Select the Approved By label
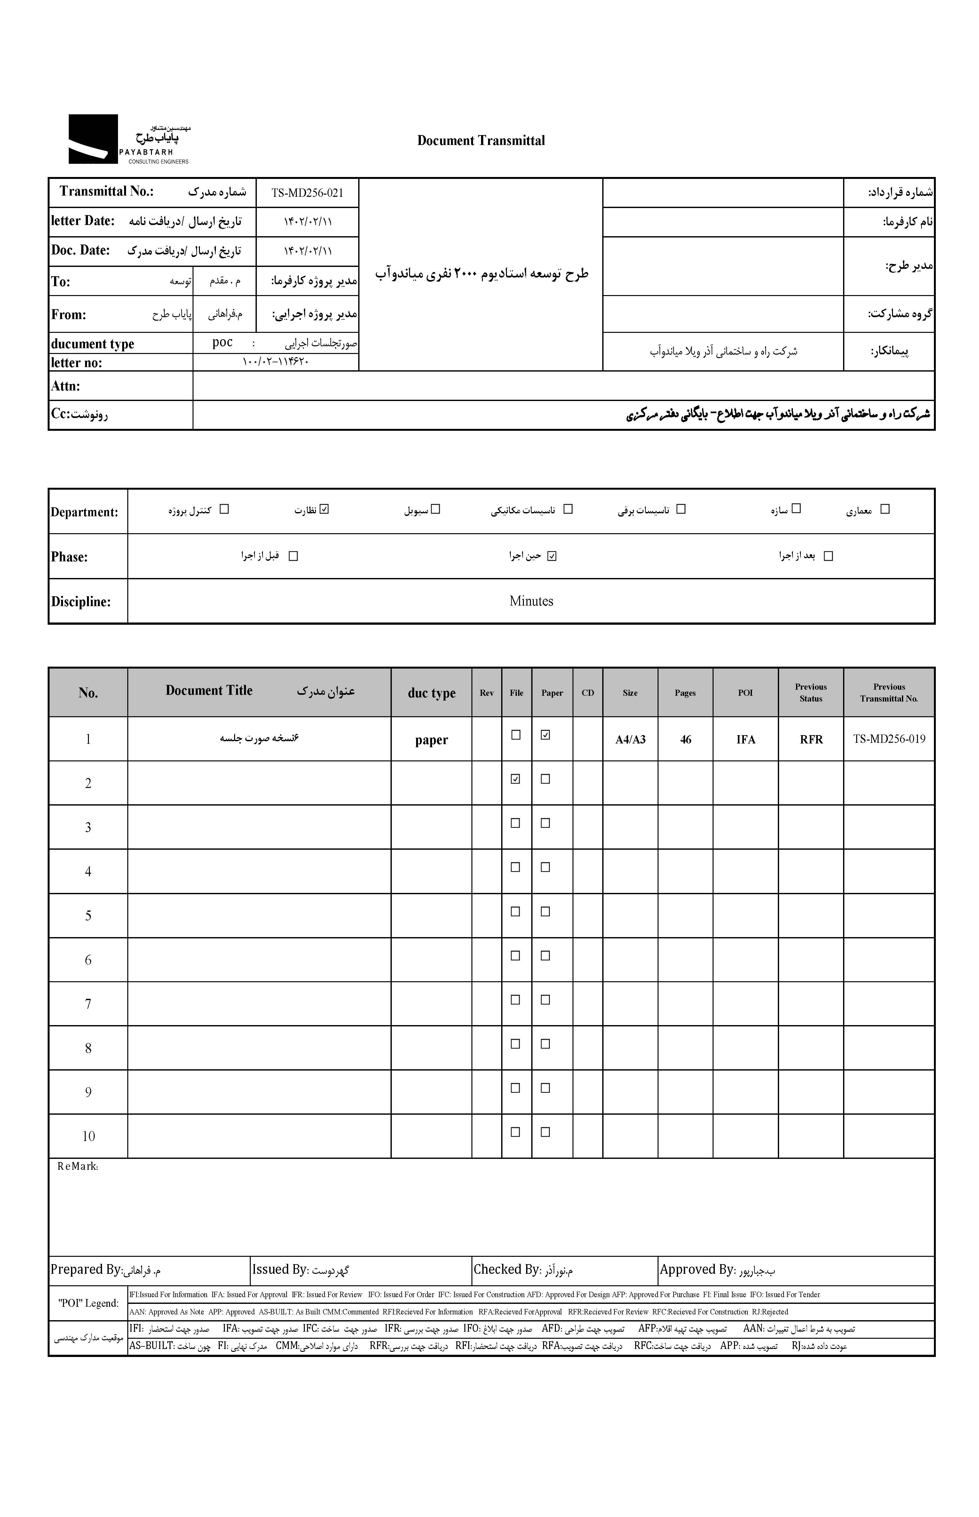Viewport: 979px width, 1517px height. (x=697, y=1270)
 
